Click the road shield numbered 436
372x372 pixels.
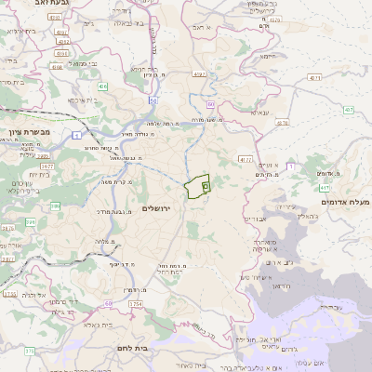pos(101,86)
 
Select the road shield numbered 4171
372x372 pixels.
pos(198,72)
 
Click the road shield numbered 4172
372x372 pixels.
pos(246,160)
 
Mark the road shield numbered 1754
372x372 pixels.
pos(136,303)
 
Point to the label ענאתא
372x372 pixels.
pos(259,113)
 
